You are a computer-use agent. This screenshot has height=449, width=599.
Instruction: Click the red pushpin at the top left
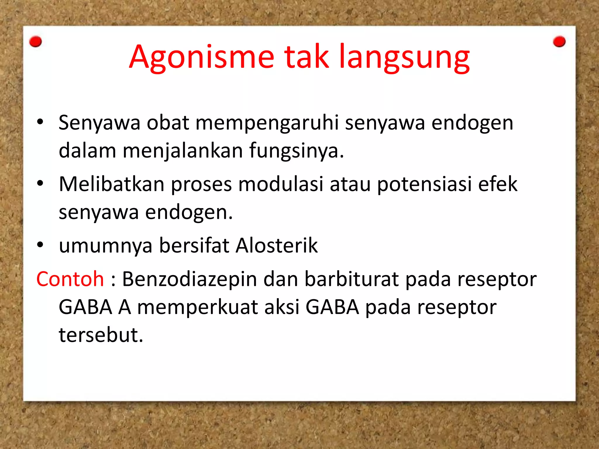(x=36, y=42)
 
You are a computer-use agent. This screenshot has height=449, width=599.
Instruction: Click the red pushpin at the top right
(x=559, y=42)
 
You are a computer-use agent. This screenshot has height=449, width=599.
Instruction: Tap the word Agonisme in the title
(x=202, y=58)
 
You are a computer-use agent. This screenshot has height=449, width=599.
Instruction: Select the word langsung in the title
(x=404, y=58)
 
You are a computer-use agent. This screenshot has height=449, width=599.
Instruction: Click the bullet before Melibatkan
(x=40, y=183)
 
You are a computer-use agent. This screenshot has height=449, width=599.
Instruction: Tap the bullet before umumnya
(x=40, y=245)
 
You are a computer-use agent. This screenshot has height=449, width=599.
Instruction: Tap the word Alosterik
(x=277, y=245)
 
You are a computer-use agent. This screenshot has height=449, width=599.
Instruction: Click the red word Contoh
(x=70, y=279)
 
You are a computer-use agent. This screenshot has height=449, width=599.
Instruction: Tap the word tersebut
(x=101, y=335)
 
